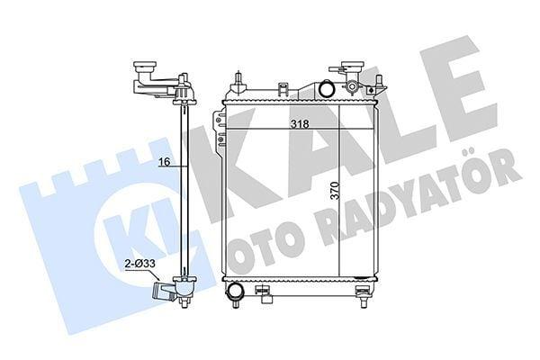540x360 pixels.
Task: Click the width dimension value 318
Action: click(300, 124)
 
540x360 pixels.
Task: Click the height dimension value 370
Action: click(335, 190)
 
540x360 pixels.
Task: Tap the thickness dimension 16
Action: click(165, 162)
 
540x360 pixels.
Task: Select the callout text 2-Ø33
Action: click(140, 264)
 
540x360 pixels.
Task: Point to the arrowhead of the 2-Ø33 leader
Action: click(158, 278)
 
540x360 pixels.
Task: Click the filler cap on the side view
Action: click(145, 66)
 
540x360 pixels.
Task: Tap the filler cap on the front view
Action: click(352, 66)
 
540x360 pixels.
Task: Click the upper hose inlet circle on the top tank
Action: click(326, 88)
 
